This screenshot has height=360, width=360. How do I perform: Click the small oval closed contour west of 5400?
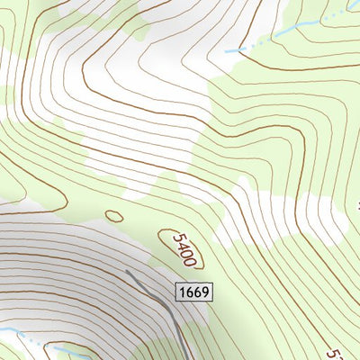pyautogui.click(x=113, y=216)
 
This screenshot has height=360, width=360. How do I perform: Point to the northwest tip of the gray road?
pyautogui.click(x=127, y=270)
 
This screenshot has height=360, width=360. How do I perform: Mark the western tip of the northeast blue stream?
pyautogui.click(x=227, y=51)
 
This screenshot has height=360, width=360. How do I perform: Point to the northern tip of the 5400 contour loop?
pyautogui.click(x=162, y=230)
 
